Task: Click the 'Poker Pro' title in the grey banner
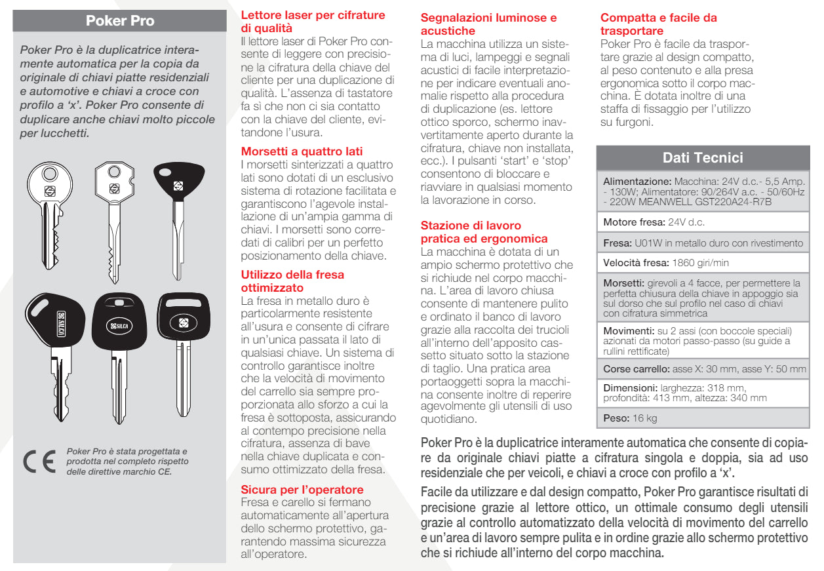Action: pyautogui.click(x=120, y=20)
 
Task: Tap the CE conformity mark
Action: pyautogui.click(x=39, y=461)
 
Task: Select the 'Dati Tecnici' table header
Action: pyautogui.click(x=703, y=157)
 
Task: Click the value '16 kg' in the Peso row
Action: pyautogui.click(x=644, y=418)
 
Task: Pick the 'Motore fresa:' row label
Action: pyautogui.click(x=634, y=222)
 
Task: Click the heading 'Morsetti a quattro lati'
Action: pyautogui.click(x=302, y=151)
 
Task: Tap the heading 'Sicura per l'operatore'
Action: pyautogui.click(x=302, y=489)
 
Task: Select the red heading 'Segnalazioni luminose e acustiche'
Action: pyautogui.click(x=488, y=24)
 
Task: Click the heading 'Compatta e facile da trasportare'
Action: pyautogui.click(x=658, y=24)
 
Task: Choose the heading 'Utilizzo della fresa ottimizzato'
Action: pyautogui.click(x=292, y=281)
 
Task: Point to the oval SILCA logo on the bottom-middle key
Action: pyautogui.click(x=119, y=326)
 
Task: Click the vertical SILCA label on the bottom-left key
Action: pyautogui.click(x=61, y=323)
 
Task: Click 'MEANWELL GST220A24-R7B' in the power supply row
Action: pyautogui.click(x=705, y=202)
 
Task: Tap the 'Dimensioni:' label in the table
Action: pyautogui.click(x=630, y=388)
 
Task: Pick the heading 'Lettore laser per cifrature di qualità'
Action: pyautogui.click(x=313, y=22)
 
